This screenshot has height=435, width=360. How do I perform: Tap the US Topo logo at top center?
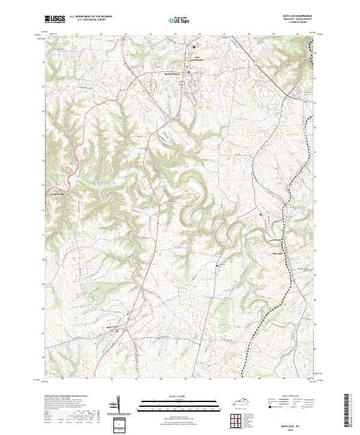click(179, 20)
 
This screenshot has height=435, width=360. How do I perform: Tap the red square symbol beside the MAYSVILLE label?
click(188, 73)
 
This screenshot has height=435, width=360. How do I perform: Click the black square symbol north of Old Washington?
click(194, 47)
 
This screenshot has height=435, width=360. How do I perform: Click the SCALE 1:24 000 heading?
click(179, 395)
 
